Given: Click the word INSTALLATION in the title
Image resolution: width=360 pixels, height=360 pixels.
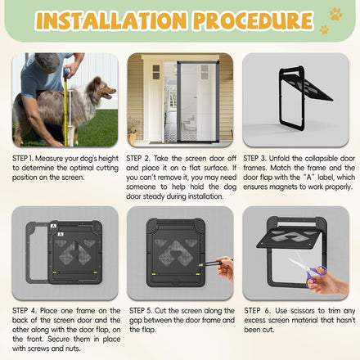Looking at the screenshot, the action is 111,20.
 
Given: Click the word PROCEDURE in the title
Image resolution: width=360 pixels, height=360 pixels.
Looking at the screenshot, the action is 253,20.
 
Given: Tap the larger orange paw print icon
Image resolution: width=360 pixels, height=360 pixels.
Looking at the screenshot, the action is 335,14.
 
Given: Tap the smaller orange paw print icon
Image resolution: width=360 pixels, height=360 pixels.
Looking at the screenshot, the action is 324,29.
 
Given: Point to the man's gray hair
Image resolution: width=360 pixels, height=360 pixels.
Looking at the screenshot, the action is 47,62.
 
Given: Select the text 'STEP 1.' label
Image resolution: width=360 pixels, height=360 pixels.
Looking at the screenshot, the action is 23,159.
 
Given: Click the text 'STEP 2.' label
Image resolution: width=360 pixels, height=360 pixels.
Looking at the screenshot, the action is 138,159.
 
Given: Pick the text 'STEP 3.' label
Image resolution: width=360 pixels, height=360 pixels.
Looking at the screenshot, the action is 254,159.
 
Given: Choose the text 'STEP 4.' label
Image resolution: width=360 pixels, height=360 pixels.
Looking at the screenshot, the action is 25,311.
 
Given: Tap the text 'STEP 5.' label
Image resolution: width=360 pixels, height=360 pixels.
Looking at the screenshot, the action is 141,311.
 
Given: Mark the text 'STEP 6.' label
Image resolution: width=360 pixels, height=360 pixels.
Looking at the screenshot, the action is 257,311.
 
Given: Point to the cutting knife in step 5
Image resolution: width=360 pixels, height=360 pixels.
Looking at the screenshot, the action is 213,263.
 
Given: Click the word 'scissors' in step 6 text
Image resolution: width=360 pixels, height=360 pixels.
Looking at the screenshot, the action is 303,311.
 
